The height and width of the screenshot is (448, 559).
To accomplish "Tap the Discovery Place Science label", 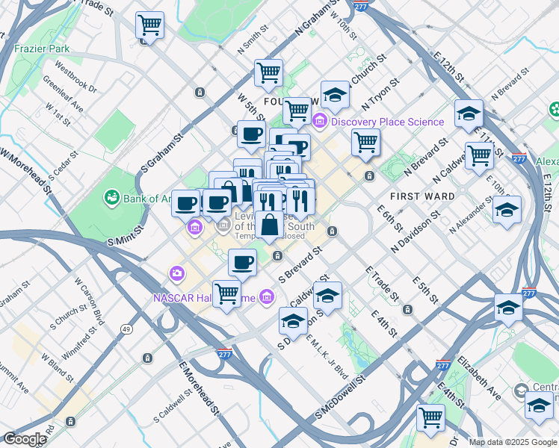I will tap(387, 122).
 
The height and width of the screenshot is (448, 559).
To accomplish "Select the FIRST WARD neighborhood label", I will tap(422, 196).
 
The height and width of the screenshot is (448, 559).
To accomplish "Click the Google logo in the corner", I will tap(24, 439).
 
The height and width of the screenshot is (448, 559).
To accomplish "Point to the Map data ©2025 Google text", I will tap(513, 442).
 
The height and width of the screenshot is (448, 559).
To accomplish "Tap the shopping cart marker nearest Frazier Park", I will tap(150, 25).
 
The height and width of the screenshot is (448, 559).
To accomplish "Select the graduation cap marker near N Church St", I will tap(336, 95).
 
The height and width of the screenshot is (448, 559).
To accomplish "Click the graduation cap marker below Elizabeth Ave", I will tap(538, 405).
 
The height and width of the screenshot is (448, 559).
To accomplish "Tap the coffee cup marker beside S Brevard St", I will tap(243, 262).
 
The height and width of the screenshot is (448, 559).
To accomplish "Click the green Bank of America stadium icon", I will tap(112, 197).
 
